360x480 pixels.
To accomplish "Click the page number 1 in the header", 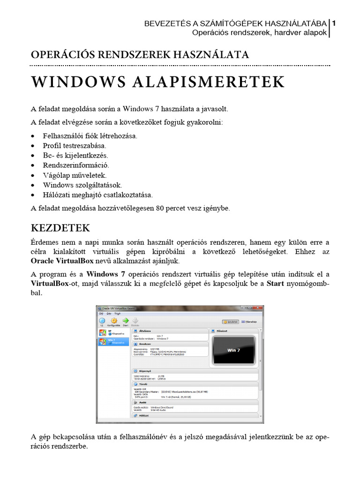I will pyautogui.click(x=334, y=23).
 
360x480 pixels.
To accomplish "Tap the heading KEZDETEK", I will pyautogui.click(x=60, y=228).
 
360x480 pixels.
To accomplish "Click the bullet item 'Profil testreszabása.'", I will pyautogui.click(x=75, y=145).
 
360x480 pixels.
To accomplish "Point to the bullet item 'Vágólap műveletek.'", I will pyautogui.click(x=75, y=175).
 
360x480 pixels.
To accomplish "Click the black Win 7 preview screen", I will pyautogui.click(x=234, y=350).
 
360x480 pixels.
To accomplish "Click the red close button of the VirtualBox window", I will pyautogui.click(x=259, y=308).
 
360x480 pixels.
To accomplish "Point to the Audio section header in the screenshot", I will pyautogui.click(x=142, y=402).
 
